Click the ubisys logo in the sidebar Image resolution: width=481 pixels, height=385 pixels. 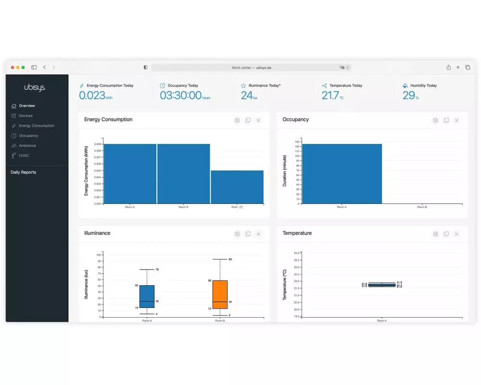point(35,88)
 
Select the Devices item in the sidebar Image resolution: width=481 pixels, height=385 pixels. point(25,115)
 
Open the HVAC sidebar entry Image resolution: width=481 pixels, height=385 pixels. point(24,155)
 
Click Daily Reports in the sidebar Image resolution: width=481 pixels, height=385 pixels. point(23,172)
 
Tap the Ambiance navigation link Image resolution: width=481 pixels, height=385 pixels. point(27,145)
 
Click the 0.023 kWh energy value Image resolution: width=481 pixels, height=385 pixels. point(92,95)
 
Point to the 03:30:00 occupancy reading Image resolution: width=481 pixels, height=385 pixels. point(181,95)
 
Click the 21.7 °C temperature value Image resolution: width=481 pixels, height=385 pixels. point(330,95)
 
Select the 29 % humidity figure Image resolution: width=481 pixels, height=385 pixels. point(409,95)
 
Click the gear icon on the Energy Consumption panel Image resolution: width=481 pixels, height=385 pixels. point(237,120)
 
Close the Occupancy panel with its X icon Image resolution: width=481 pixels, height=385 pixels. point(456,120)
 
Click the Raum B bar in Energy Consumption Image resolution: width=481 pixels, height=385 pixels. point(183,173)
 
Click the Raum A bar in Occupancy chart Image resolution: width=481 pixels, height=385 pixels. point(342,173)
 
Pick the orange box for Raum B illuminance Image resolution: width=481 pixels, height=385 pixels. point(220,295)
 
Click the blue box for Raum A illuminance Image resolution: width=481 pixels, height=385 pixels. point(147,296)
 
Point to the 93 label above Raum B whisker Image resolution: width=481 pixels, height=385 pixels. point(230,259)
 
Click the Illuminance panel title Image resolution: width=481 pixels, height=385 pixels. point(97,233)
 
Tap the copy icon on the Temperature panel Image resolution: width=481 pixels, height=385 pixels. point(446,234)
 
